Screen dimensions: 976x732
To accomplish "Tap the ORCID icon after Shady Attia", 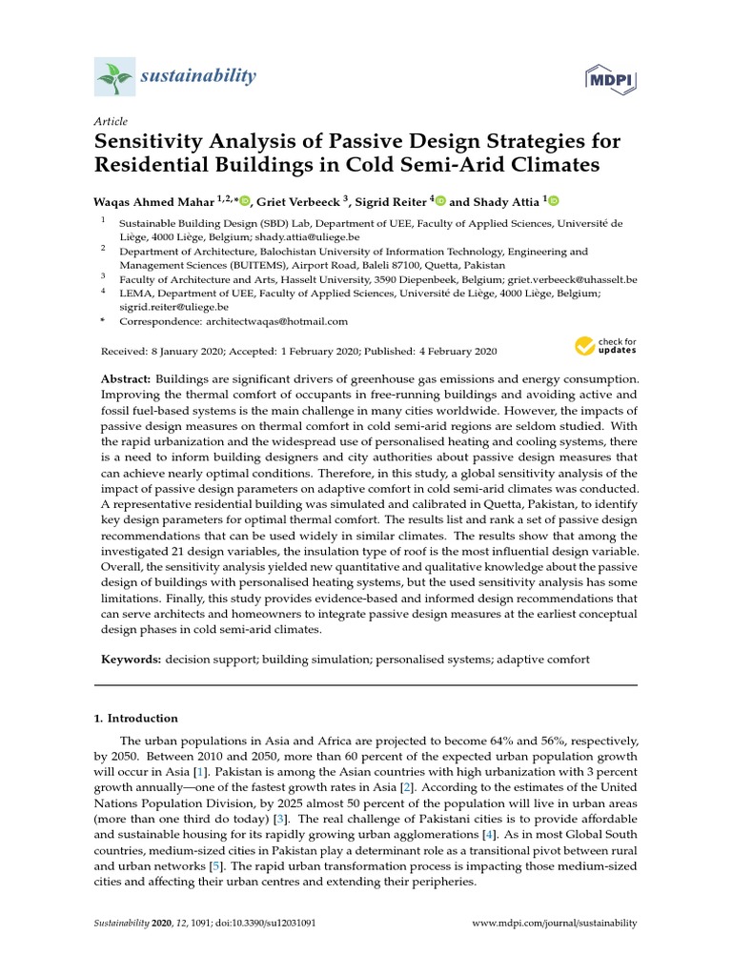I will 554,200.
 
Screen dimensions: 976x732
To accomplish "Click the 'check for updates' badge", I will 605,346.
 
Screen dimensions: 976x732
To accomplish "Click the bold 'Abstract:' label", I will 127,379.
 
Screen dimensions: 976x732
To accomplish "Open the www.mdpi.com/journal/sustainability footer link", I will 555,924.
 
